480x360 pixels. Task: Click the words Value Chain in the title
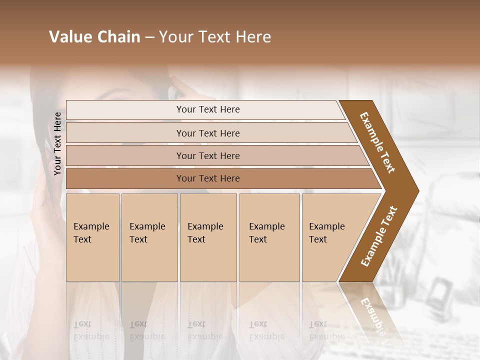[94, 37]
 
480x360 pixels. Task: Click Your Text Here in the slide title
[215, 37]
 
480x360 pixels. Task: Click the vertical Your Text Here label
[57, 143]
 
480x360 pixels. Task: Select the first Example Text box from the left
[92, 237]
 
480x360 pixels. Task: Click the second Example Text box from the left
[149, 237]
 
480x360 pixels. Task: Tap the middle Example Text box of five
[208, 237]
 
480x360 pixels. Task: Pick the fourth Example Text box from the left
[269, 237]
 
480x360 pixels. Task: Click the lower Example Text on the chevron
[379, 236]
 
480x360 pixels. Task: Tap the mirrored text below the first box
[91, 330]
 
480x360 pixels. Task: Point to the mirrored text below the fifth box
[326, 330]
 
